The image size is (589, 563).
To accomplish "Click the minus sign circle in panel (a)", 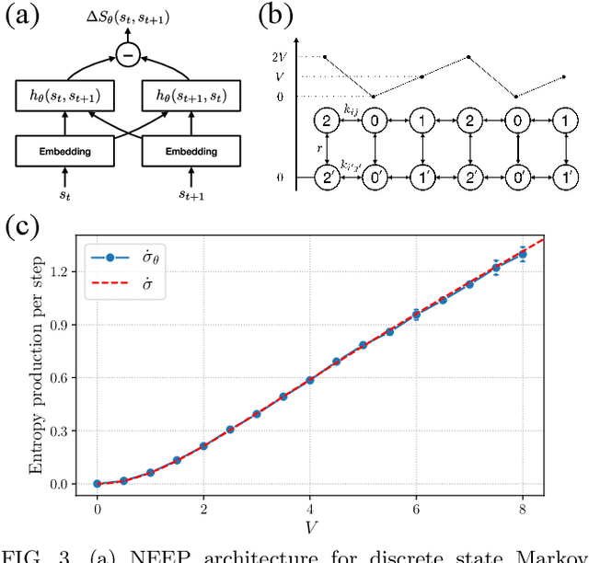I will coord(129,57).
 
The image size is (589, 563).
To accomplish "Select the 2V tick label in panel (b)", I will coord(278,57).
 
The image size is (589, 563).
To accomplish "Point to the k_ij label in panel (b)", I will coord(351,109).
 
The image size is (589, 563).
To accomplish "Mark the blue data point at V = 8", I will coord(523,253).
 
